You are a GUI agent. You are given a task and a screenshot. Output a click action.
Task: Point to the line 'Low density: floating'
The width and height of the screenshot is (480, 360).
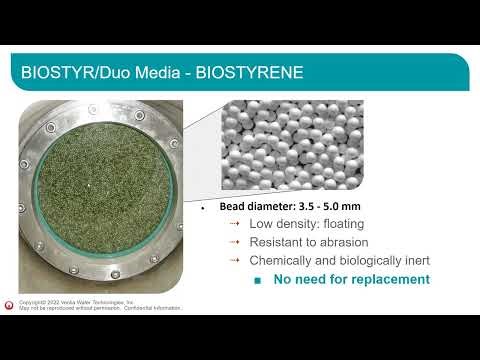click(x=307, y=225)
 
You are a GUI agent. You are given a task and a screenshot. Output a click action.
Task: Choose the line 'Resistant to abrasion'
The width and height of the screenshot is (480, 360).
click(x=309, y=243)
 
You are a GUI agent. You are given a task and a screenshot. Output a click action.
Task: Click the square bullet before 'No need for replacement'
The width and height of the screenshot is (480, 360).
click(x=257, y=281)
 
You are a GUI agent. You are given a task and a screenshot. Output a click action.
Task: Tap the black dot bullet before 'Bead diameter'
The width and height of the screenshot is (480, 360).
click(x=203, y=209)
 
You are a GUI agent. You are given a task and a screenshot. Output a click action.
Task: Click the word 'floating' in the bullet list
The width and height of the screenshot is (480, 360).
click(x=342, y=225)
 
